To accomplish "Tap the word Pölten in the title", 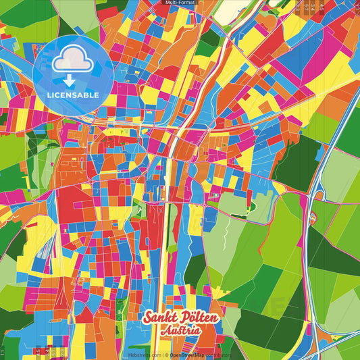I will point(187,319).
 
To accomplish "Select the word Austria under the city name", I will point(180,331).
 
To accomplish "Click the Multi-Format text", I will point(179,3).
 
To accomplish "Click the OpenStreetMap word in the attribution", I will point(188,355).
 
